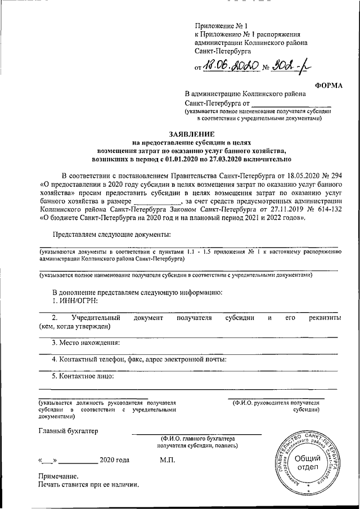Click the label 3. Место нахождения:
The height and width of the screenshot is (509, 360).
coord(85,343)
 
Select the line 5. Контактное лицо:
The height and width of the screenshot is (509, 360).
coord(83,376)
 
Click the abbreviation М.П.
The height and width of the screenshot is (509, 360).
coord(168,460)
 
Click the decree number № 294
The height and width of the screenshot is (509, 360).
coord(328,176)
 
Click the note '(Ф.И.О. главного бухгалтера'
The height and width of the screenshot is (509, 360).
coord(197,438)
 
